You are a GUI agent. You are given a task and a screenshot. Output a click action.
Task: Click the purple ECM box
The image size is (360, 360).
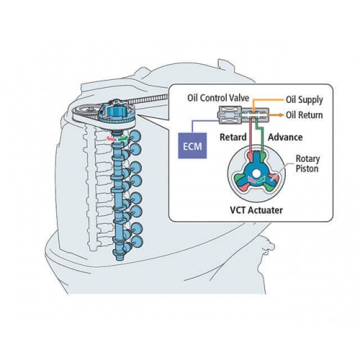192,145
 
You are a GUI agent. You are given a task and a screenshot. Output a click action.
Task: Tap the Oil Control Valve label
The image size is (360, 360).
218,98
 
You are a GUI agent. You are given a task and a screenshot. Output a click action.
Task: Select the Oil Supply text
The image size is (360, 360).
304,100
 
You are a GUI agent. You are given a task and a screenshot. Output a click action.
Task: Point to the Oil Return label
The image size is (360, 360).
304,115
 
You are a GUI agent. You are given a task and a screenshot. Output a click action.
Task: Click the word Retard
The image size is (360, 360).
233,138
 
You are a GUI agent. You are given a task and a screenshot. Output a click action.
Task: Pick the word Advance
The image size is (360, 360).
285,138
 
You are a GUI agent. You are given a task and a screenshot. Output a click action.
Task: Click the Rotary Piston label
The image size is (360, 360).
307,163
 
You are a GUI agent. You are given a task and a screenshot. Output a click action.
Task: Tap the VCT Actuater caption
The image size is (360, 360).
256,210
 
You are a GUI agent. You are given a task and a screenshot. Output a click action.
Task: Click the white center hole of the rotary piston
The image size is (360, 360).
256,173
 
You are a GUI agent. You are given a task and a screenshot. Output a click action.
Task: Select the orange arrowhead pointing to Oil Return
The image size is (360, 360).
281,115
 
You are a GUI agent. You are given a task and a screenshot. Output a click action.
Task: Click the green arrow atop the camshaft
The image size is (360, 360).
124,138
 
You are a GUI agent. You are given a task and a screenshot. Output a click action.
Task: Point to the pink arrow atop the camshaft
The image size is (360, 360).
112,138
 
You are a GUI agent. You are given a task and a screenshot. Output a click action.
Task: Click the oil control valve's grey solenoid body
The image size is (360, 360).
230,115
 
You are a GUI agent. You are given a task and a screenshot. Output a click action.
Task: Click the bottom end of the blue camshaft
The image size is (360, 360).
120,258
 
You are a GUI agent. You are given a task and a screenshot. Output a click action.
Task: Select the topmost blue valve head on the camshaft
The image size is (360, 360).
135,136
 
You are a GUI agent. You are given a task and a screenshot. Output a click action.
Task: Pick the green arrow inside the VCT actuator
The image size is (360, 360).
261,180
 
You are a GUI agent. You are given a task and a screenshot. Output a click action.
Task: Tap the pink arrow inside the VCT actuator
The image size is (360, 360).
251,179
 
